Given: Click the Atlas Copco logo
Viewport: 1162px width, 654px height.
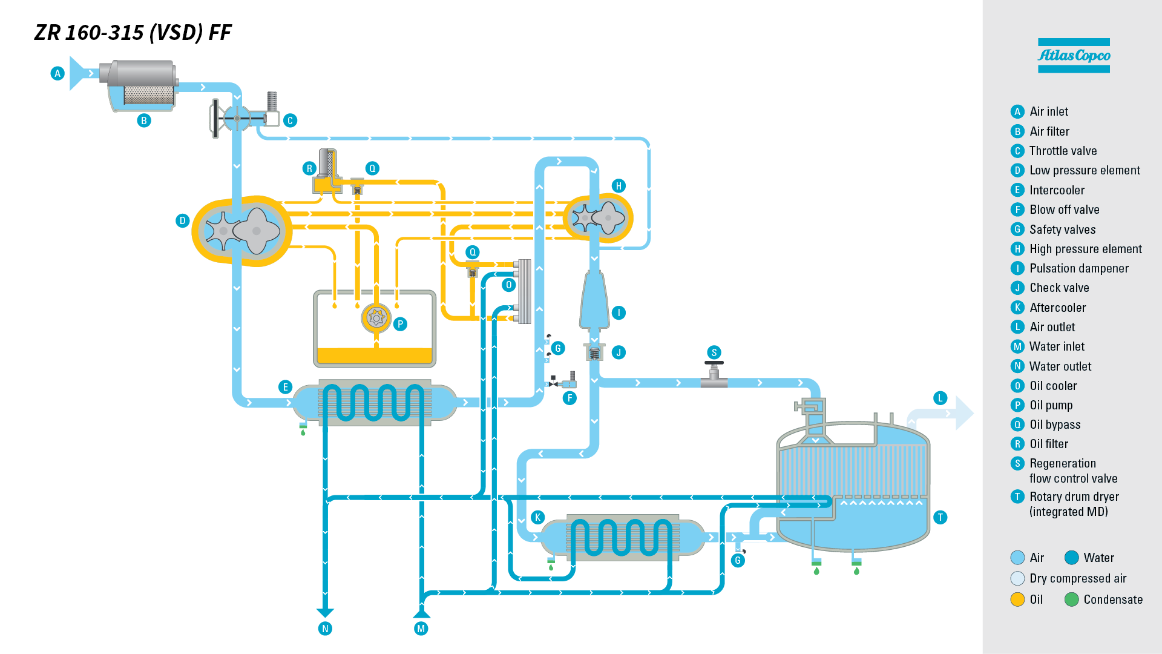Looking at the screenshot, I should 1074,56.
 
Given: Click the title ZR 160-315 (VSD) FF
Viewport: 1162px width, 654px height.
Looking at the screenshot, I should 133,33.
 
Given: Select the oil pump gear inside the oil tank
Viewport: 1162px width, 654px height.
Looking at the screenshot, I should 376,317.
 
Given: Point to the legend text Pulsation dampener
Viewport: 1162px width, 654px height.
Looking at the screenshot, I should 1078,268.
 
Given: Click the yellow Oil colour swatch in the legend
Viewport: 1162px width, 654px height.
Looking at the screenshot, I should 1017,599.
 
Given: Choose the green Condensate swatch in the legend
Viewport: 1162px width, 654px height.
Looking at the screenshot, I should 1071,599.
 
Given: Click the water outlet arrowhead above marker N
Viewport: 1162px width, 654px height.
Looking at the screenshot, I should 325,612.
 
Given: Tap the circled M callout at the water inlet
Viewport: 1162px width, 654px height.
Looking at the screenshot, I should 421,629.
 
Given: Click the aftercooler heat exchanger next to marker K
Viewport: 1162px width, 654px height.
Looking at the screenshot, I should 622,537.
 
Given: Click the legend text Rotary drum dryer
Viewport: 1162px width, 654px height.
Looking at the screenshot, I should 1074,497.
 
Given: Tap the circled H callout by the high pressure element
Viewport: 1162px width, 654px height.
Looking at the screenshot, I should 619,186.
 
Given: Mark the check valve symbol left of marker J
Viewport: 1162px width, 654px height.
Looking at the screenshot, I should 594,352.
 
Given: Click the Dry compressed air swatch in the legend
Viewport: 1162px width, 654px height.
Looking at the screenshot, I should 1017,578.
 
